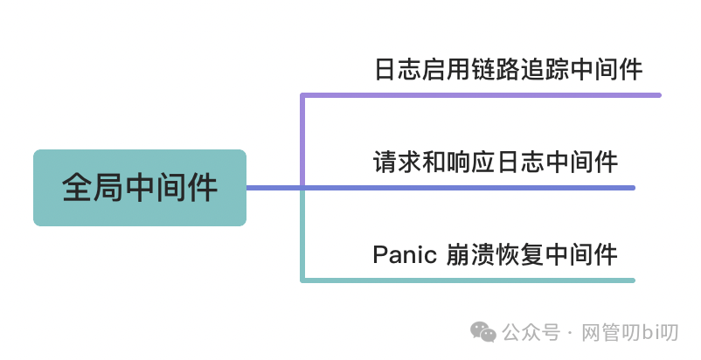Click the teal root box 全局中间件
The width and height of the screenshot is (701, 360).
click(x=140, y=187)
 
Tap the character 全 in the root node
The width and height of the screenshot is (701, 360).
click(x=78, y=188)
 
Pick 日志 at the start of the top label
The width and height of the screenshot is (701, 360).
click(x=388, y=69)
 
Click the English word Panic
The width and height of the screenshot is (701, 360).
click(x=404, y=255)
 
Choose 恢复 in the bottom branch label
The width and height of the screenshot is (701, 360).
click(x=525, y=255)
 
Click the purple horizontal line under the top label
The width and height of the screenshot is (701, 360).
click(x=481, y=94)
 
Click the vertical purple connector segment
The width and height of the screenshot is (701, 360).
click(x=302, y=140)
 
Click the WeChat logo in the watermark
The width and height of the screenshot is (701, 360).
click(x=482, y=332)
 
